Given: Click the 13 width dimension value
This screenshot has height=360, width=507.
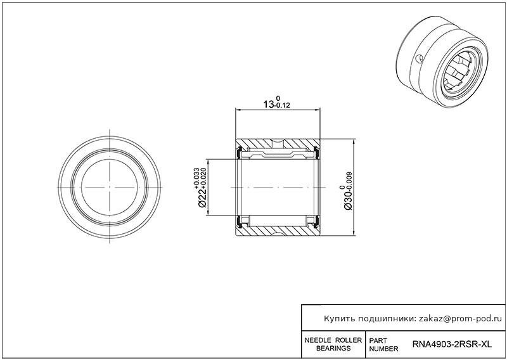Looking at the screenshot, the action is [x=268, y=105].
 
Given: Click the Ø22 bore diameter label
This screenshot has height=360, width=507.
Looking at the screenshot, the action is [x=202, y=197].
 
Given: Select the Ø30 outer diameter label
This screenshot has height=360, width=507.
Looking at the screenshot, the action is [x=348, y=200].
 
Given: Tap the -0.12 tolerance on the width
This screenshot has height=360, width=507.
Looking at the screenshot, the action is [x=282, y=105].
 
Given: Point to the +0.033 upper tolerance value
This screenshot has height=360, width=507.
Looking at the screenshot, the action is [x=196, y=177].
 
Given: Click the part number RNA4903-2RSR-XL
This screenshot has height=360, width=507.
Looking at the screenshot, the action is [x=452, y=345].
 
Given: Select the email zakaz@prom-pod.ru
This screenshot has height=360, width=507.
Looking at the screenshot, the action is [x=462, y=319].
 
